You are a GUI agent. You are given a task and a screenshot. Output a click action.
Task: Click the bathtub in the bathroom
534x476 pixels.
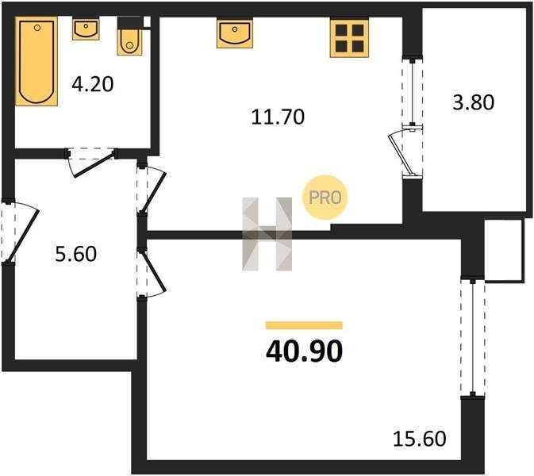36,61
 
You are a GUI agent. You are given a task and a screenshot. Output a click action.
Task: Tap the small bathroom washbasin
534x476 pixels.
86,29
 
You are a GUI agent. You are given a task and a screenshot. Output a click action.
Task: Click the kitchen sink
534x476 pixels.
235,33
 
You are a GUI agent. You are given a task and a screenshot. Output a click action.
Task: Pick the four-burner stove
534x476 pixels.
349,38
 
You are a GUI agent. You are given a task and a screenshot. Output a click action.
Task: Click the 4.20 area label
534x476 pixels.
92,84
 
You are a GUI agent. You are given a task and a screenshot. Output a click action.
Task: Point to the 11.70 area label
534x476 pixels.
278,117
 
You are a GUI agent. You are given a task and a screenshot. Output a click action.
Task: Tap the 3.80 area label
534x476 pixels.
473,102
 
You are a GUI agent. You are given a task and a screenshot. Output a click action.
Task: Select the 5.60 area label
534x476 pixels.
76,254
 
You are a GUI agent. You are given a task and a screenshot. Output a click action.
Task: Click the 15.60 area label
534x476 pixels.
419,439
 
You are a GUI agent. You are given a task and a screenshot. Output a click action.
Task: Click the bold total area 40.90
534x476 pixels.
304,351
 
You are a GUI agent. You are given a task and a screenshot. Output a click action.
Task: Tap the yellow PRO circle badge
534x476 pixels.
325,197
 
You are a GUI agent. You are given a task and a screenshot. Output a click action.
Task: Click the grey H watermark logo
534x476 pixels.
267,234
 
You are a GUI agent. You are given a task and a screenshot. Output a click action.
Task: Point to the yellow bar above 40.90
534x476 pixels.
304,325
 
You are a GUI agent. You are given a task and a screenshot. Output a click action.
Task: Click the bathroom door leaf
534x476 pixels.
94,166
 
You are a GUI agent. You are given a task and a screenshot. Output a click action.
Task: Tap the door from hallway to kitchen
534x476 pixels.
154,192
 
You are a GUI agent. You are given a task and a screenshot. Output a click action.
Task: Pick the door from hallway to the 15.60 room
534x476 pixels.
154,272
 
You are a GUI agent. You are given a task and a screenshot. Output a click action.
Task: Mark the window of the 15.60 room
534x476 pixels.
473,338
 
